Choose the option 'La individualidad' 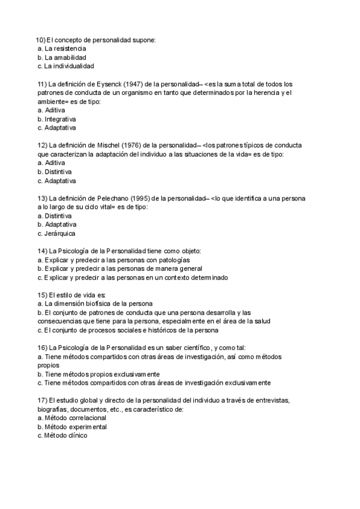pyautogui.click(x=68, y=66)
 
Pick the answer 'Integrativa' pyautogui.click(x=60, y=119)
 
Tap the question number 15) pyautogui.click(x=42, y=295)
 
